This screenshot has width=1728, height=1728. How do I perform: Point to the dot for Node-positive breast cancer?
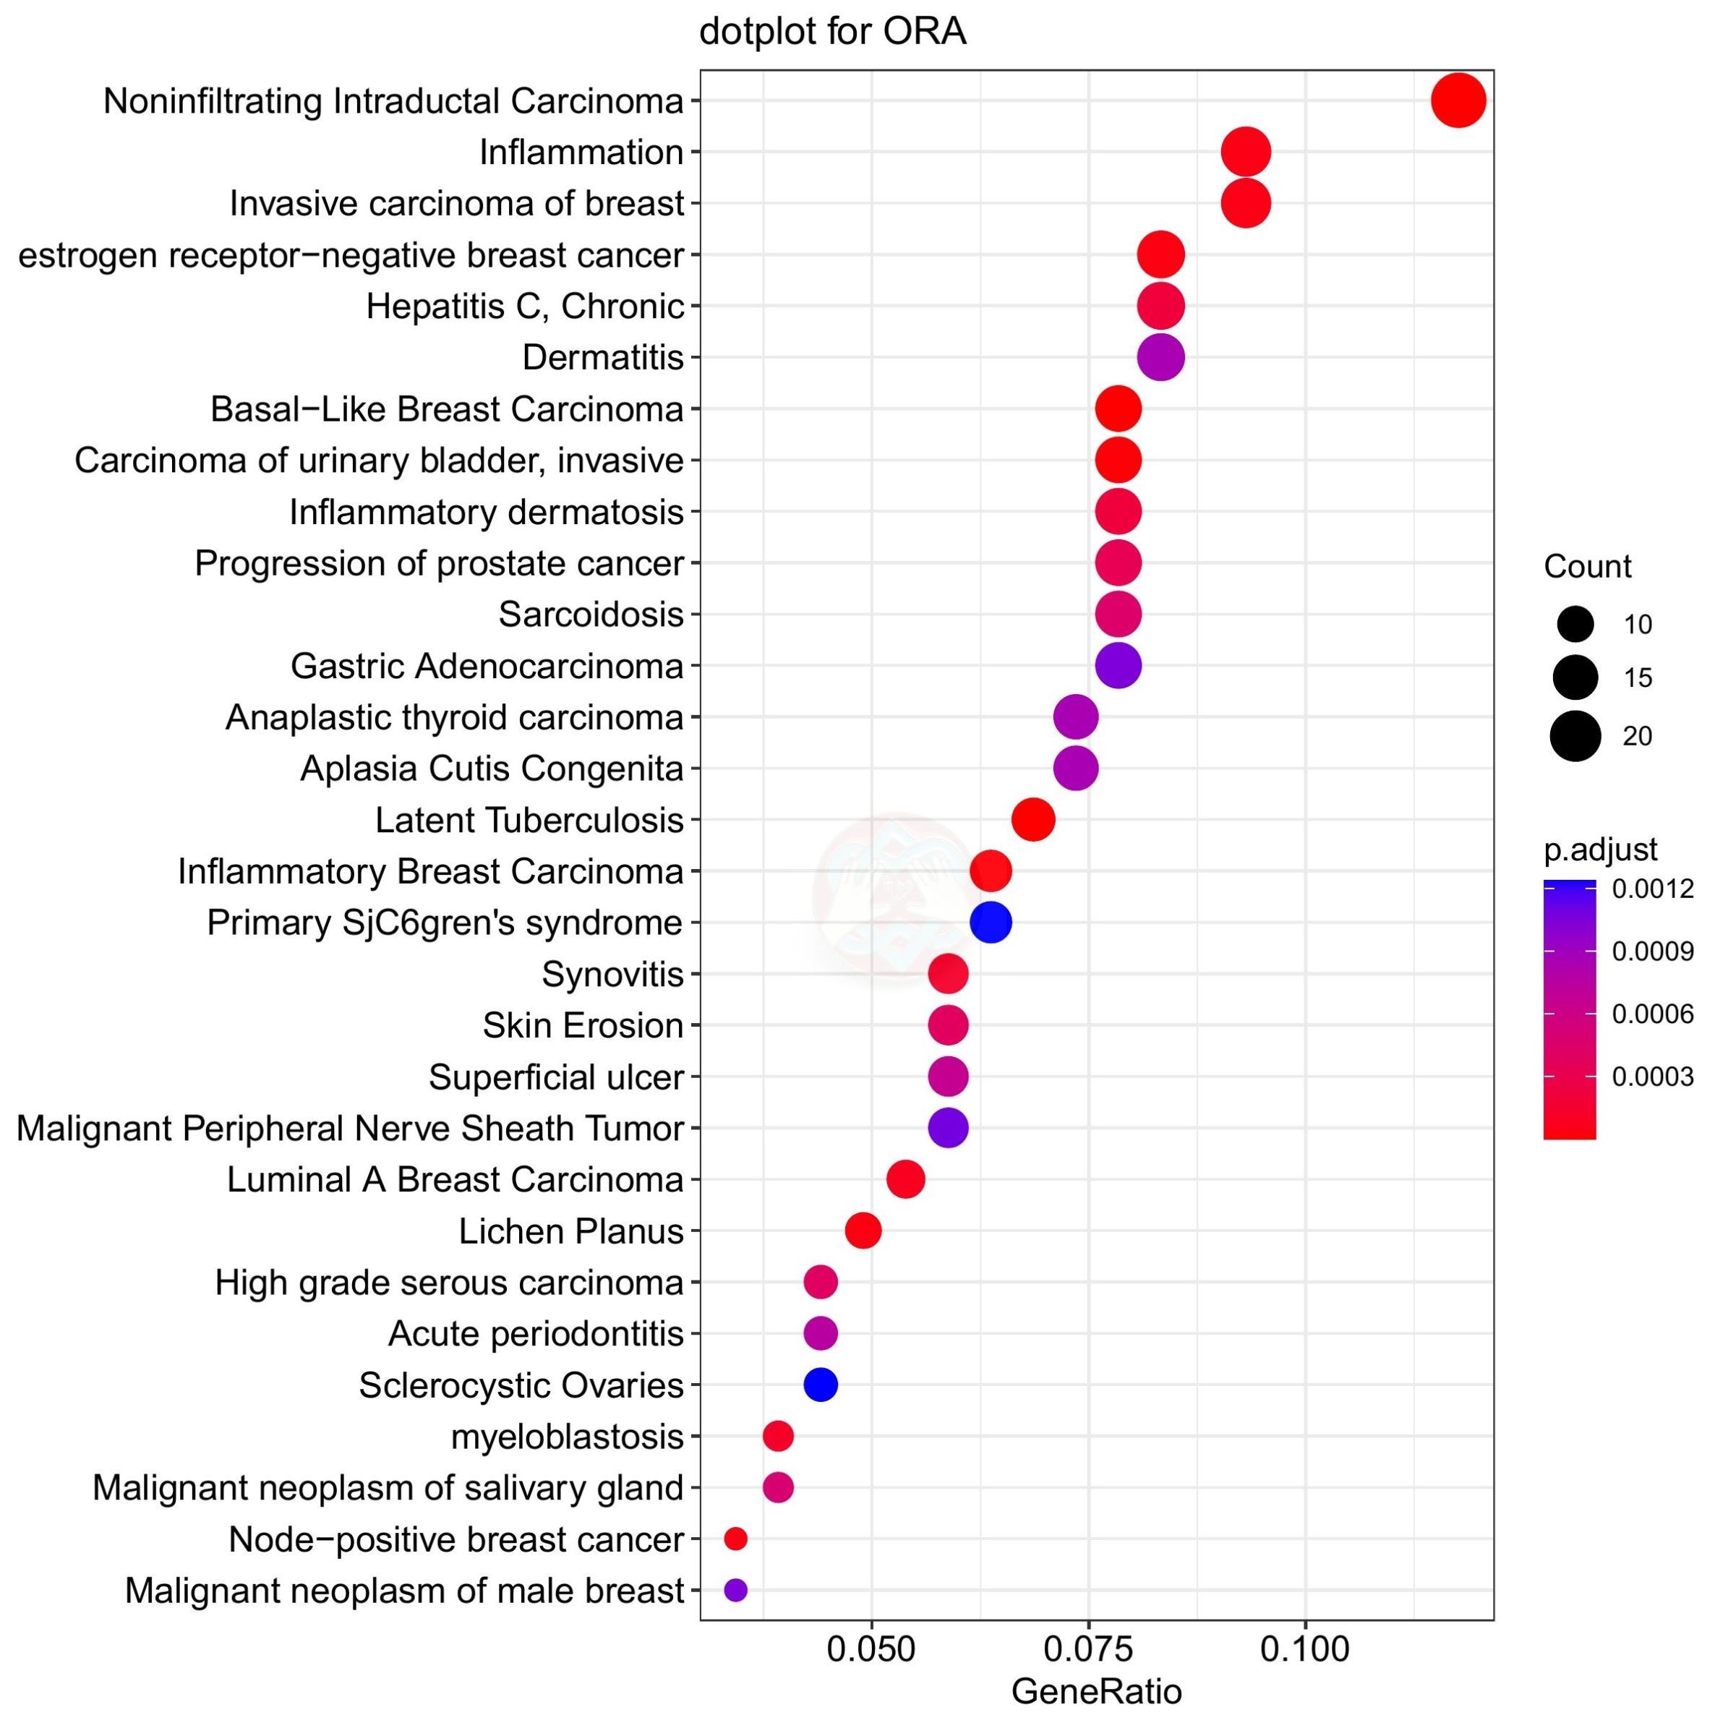point(735,1539)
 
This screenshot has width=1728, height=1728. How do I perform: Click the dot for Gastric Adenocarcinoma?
point(1118,665)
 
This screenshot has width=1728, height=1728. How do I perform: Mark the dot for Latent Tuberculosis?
point(1033,819)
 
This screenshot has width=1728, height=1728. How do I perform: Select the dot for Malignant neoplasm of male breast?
point(735,1590)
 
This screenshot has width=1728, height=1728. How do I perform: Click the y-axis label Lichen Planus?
point(570,1231)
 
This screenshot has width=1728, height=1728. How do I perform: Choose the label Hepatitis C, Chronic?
point(525,307)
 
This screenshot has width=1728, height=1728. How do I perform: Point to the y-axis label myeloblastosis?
point(567,1437)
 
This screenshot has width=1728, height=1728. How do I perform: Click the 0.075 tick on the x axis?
point(1089,1648)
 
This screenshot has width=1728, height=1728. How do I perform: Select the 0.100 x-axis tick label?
point(1305,1648)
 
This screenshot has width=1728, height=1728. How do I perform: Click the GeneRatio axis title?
point(1097,1691)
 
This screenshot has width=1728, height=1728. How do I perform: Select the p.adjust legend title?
point(1600,849)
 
